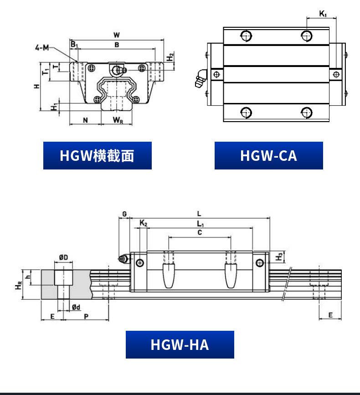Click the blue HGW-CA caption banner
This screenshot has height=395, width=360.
tap(268, 155)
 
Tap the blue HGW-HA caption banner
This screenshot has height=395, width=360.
tap(180, 344)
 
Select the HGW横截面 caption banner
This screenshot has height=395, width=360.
tap(97, 155)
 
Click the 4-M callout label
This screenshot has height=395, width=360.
tap(42, 47)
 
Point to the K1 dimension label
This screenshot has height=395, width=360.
tap(323, 14)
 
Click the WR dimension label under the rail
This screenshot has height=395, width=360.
tap(118, 120)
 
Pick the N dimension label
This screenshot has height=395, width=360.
tap(85, 120)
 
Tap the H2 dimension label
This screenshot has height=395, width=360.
tap(170, 56)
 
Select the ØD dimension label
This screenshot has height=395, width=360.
tap(64, 257)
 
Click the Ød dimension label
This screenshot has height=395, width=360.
tap(76, 307)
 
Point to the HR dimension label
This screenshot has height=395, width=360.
tap(19, 285)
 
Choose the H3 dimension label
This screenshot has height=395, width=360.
tap(279, 257)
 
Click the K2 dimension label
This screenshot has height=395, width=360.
tap(143, 223)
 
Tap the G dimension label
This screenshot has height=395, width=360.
tap(124, 214)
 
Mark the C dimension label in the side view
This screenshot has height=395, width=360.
tap(200, 232)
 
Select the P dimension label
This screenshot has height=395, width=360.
tap(86, 316)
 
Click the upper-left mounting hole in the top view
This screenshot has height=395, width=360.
tap(246, 36)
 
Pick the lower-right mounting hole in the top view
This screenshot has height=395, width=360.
tap(307, 113)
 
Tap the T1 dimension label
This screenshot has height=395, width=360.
tap(46, 72)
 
